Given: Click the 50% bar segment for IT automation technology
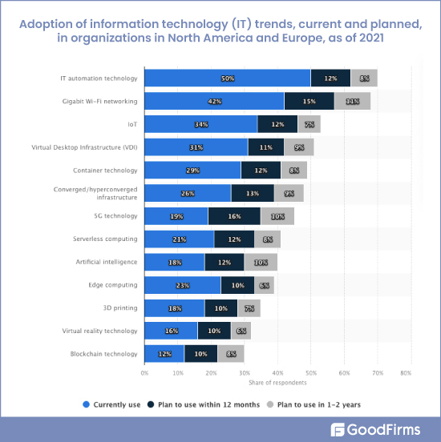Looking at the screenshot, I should click(228, 78).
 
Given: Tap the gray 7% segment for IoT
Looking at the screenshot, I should click(309, 124).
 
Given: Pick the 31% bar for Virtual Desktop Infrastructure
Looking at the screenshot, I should click(196, 147).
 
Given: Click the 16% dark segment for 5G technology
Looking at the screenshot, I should click(234, 216).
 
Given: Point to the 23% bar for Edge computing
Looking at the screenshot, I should click(182, 285).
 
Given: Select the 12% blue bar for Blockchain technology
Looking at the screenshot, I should click(164, 353).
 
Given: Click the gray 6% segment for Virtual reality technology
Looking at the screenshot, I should click(241, 331).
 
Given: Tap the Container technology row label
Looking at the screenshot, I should click(105, 171).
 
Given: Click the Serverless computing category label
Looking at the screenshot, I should click(104, 239).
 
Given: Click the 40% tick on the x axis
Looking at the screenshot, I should click(277, 372).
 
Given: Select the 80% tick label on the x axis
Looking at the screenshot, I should click(406, 372).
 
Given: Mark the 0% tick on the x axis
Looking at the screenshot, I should click(144, 372).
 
